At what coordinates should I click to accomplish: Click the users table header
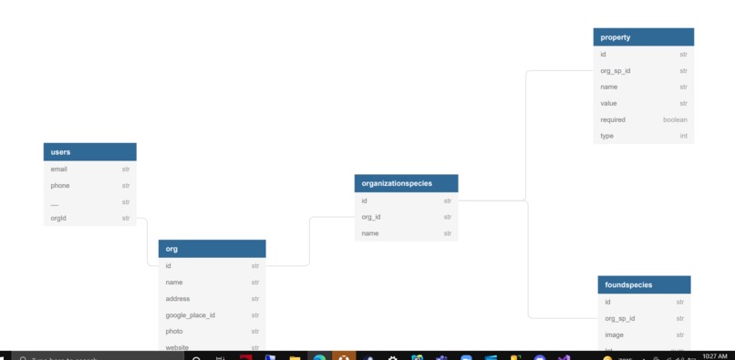(x=89, y=152)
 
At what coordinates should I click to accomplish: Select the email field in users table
(x=59, y=169)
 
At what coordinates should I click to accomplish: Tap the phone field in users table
(x=60, y=185)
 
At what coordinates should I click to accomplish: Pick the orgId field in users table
(x=59, y=218)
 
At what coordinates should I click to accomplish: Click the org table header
(x=212, y=249)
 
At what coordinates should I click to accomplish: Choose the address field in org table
(x=178, y=299)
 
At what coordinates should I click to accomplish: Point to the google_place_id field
(x=191, y=315)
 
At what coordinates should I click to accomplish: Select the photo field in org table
(x=174, y=332)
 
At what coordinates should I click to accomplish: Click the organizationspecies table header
(x=406, y=183)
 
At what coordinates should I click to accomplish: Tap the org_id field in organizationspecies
(x=371, y=217)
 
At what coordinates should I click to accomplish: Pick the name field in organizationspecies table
(x=369, y=233)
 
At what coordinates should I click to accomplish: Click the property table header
(x=644, y=37)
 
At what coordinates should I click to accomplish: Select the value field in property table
(x=609, y=103)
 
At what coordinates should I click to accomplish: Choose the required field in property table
(x=613, y=119)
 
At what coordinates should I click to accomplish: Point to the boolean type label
(x=675, y=119)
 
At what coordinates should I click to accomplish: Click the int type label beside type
(x=683, y=136)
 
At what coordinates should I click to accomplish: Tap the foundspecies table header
(x=644, y=284)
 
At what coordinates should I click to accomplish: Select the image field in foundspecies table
(x=614, y=334)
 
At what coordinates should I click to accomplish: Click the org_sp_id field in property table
(x=616, y=70)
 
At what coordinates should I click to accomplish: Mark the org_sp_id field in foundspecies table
(x=620, y=318)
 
